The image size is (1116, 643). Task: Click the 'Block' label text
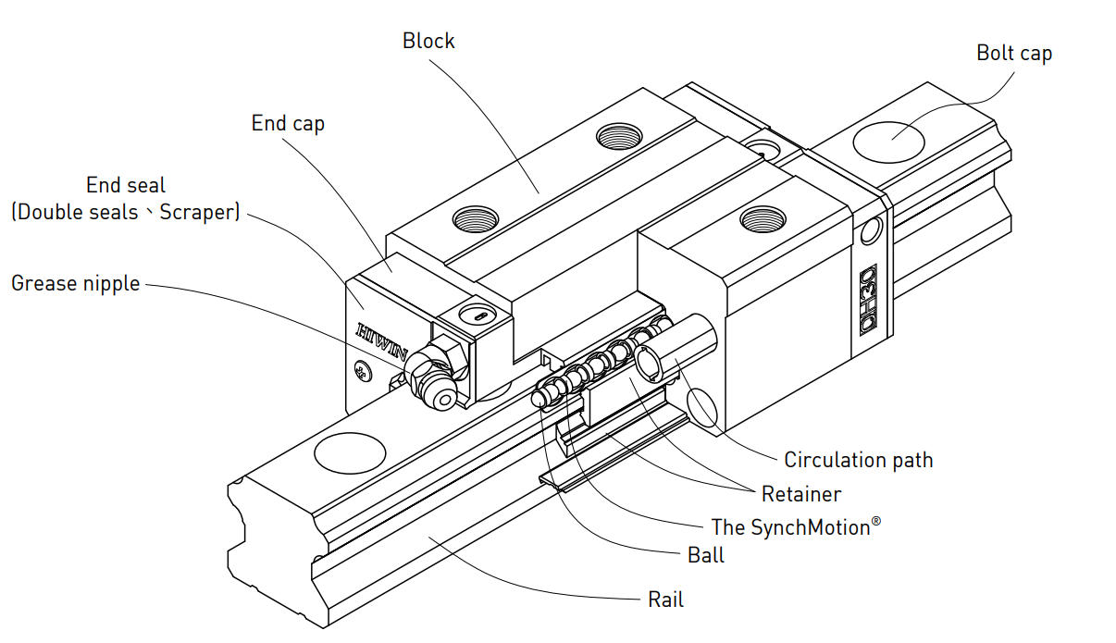pyautogui.click(x=428, y=41)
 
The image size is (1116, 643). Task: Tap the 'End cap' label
pyautogui.click(x=288, y=124)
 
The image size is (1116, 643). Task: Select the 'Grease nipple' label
pyautogui.click(x=75, y=283)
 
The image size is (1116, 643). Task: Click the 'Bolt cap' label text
pyautogui.click(x=1014, y=54)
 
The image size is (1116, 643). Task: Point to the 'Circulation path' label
pyautogui.click(x=858, y=460)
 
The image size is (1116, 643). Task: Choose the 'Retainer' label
pyautogui.click(x=800, y=494)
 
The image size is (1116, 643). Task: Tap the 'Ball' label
pyautogui.click(x=706, y=555)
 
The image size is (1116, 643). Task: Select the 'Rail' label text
pyautogui.click(x=665, y=600)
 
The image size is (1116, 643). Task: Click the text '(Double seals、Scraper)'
pyautogui.click(x=126, y=212)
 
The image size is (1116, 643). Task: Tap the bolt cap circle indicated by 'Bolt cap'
pyautogui.click(x=888, y=140)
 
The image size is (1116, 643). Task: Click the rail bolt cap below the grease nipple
pyautogui.click(x=350, y=453)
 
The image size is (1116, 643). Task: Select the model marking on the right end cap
pyautogui.click(x=868, y=301)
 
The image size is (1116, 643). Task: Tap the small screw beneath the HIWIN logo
pyautogui.click(x=360, y=374)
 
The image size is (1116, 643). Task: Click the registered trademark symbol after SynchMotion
pyautogui.click(x=875, y=522)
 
